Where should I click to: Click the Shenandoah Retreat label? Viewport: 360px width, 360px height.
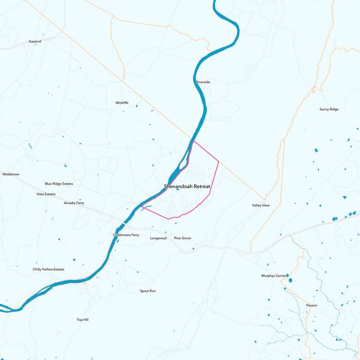click(187, 186)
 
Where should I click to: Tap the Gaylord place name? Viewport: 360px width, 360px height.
click(35, 41)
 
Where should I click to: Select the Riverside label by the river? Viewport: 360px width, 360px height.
click(203, 82)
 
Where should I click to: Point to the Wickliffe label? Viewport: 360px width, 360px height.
click(122, 103)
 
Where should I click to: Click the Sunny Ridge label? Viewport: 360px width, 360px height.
click(328, 109)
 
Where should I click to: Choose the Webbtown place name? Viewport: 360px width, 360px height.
click(11, 174)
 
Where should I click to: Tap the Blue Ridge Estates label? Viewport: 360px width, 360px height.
click(59, 184)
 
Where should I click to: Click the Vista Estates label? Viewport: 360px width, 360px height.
click(46, 194)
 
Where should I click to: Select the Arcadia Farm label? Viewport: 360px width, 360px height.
click(74, 203)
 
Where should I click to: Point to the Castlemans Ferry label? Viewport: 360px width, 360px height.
click(126, 235)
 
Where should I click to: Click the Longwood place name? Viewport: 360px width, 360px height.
click(158, 238)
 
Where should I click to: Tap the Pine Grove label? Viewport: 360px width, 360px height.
click(183, 238)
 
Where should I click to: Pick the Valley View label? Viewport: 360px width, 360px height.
click(261, 205)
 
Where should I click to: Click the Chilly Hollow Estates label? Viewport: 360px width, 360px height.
click(49, 269)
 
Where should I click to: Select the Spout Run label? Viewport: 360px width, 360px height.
click(148, 291)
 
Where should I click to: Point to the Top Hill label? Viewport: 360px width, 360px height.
click(82, 319)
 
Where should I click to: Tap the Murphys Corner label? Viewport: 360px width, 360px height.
click(274, 275)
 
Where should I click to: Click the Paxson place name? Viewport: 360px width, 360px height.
click(311, 305)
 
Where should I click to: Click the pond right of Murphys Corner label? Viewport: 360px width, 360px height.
click(290, 280)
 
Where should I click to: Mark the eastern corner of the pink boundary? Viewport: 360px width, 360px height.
click(219, 161)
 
